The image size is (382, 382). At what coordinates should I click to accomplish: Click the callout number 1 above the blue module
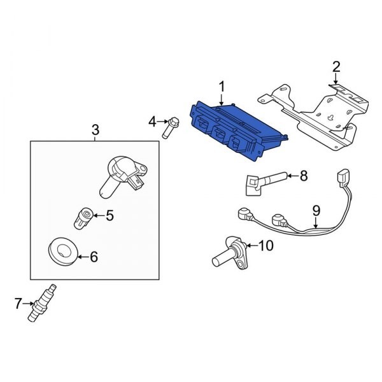pyautogui.click(x=222, y=87)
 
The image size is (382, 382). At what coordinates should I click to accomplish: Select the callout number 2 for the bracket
pyautogui.click(x=336, y=67)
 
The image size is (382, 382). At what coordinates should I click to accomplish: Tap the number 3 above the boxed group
pyautogui.click(x=95, y=130)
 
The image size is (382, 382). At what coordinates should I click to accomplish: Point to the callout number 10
pyautogui.click(x=265, y=246)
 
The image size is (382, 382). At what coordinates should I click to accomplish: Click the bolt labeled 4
pyautogui.click(x=170, y=127)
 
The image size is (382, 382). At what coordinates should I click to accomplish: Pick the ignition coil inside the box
pyautogui.click(x=122, y=176)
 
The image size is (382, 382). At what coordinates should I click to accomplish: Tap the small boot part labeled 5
pyautogui.click(x=83, y=218)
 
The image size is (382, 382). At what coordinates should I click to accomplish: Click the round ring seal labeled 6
pyautogui.click(x=63, y=251)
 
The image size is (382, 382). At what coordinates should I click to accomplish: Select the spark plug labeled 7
pyautogui.click(x=42, y=303)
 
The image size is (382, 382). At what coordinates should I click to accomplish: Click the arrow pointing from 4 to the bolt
pyautogui.click(x=162, y=122)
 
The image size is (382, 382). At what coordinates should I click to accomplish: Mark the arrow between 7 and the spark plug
pyautogui.click(x=29, y=303)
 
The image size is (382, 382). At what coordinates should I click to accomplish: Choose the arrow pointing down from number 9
pyautogui.click(x=316, y=223)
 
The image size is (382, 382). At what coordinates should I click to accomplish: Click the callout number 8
pyautogui.click(x=304, y=176)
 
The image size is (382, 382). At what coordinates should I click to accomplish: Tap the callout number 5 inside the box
pyautogui.click(x=110, y=215)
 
